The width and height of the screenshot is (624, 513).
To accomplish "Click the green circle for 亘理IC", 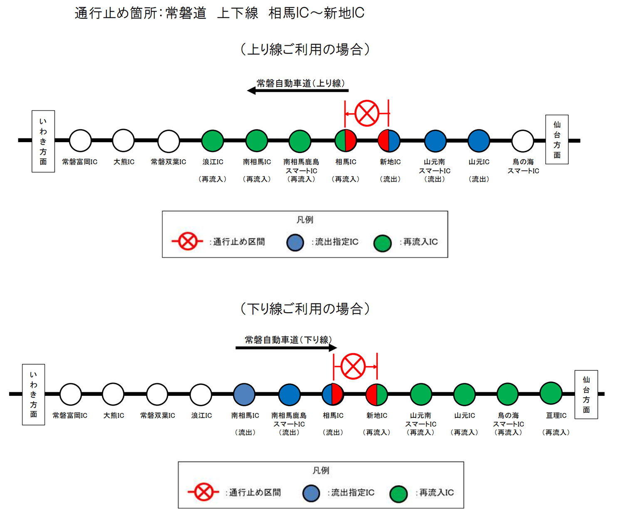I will (551, 393).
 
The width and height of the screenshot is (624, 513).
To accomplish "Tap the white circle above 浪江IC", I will (201, 394).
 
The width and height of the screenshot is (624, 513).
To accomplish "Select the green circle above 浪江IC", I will (213, 141).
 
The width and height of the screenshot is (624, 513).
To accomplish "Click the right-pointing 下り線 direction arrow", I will (286, 348).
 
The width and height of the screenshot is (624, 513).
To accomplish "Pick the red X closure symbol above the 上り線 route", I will (367, 113).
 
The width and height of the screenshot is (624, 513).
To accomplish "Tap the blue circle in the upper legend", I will (295, 242).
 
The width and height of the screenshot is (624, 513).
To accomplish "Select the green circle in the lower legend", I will (399, 494).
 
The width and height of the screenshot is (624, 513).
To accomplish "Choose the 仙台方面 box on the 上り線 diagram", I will (557, 140).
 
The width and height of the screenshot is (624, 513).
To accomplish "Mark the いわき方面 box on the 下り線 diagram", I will (33, 395).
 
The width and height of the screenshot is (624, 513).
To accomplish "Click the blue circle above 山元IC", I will (479, 141).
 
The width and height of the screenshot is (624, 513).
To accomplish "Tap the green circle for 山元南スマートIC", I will (421, 394).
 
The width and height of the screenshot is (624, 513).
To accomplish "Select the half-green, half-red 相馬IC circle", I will (346, 141).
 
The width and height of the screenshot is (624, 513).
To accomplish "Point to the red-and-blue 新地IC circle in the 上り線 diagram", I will (389, 141).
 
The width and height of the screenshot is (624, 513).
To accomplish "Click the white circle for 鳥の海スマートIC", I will (522, 141).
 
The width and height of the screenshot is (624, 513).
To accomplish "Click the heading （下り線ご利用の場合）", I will (305, 309).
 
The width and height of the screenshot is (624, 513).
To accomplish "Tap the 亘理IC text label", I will (556, 415).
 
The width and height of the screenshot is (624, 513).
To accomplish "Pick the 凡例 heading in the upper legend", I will (305, 220).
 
